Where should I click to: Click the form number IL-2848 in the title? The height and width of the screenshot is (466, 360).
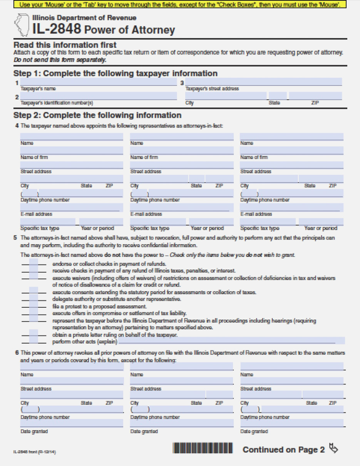click(57, 29)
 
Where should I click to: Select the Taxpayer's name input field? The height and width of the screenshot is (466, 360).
click(98, 82)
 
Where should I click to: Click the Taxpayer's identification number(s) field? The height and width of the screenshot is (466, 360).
click(98, 96)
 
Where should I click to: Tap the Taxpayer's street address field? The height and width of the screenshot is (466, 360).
click(264, 82)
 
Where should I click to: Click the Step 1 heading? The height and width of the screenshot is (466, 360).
click(115, 73)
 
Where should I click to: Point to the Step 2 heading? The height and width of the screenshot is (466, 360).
click(97, 115)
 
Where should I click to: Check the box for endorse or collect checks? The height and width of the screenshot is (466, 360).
click(34, 263)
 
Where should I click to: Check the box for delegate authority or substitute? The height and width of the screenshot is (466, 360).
click(34, 299)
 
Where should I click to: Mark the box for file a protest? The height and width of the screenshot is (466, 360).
click(34, 306)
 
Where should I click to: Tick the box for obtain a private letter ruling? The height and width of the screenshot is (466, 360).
click(34, 334)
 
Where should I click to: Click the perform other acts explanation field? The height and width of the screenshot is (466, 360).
click(231, 341)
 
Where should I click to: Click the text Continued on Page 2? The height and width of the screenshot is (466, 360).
click(283, 449)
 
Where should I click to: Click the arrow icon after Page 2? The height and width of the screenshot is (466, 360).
click(334, 449)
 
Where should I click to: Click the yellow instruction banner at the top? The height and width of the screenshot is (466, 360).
click(180, 5)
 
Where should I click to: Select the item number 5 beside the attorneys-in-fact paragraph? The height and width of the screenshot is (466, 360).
click(15, 238)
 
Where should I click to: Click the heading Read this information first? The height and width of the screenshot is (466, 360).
click(65, 45)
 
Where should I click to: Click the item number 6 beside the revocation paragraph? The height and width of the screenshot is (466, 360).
click(17, 352)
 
